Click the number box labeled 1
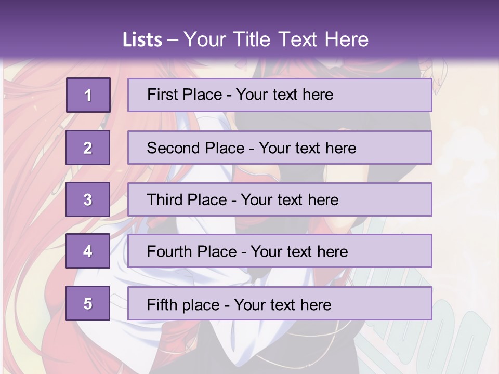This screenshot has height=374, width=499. pyautogui.click(x=88, y=95)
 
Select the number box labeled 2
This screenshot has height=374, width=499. pyautogui.click(x=88, y=148)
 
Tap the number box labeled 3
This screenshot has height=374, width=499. pyautogui.click(x=88, y=200)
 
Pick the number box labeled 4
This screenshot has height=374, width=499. pyautogui.click(x=88, y=251)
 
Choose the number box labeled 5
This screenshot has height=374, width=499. pyautogui.click(x=88, y=303)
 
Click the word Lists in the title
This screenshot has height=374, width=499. pyautogui.click(x=142, y=40)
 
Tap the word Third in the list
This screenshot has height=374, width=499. pyautogui.click(x=164, y=200)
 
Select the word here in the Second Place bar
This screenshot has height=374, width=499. pyautogui.click(x=341, y=148)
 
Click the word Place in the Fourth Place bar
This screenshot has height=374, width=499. pyautogui.click(x=214, y=252)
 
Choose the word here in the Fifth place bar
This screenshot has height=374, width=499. pyautogui.click(x=316, y=304)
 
